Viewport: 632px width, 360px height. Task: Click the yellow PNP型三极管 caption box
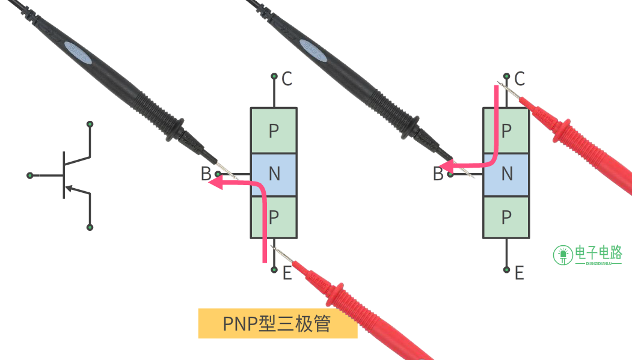point(277,324)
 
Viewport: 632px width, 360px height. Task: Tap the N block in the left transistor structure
point(274,174)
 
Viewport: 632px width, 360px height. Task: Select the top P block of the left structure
point(274,130)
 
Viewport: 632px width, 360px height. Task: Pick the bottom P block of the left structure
point(274,217)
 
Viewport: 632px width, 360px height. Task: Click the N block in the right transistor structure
point(506,174)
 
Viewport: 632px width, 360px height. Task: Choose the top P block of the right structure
point(506,130)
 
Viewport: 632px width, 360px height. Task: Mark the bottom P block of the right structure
point(506,217)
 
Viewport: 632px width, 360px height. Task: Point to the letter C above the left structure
point(287,78)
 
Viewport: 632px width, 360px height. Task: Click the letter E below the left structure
point(287,273)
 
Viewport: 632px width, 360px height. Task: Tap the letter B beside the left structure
point(206,174)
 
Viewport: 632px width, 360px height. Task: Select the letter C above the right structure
point(520,78)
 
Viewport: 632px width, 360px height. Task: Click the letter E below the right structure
point(520,273)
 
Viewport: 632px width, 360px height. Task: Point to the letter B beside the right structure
point(438,174)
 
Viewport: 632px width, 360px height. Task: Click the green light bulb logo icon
point(563,255)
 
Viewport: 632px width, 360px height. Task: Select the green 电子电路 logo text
point(598,253)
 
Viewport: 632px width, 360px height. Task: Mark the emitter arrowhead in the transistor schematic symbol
point(70,189)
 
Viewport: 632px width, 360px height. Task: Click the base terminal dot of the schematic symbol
point(29,175)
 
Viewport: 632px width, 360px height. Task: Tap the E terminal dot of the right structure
point(507,270)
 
